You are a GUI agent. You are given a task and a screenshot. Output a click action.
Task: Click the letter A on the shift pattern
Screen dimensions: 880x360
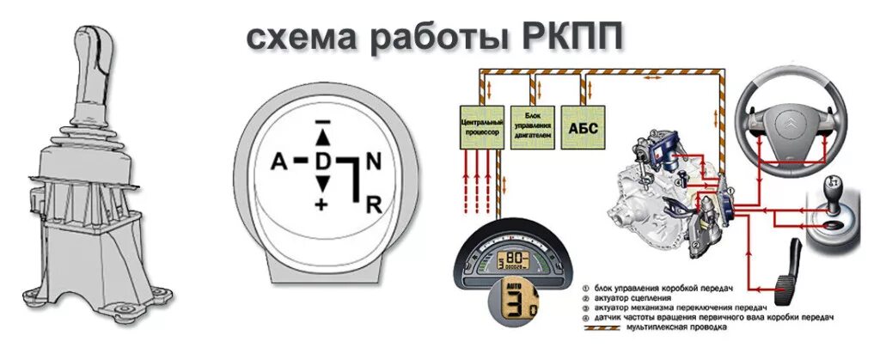[x=278, y=162]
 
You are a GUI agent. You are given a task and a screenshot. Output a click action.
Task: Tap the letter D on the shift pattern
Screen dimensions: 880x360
[x=322, y=161]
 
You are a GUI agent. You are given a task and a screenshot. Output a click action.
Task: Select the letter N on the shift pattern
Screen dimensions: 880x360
[x=372, y=161]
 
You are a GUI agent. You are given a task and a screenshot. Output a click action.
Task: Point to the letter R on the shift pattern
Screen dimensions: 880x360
[x=373, y=204]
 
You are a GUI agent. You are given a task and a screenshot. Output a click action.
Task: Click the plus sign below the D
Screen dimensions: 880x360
[x=322, y=204]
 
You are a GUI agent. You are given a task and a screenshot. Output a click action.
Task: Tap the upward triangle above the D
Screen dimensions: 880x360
[x=322, y=137]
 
